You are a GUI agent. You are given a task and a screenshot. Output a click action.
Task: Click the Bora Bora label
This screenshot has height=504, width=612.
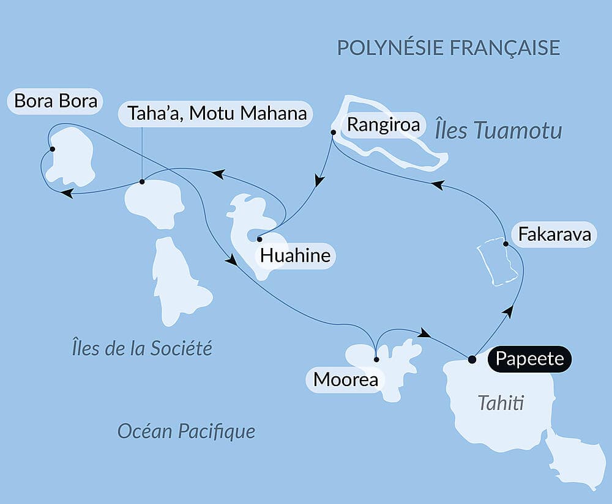tap(56, 101)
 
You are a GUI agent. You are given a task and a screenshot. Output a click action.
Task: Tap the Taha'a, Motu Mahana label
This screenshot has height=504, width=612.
tap(213, 114)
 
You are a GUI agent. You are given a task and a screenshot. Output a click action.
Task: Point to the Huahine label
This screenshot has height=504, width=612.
tap(295, 255)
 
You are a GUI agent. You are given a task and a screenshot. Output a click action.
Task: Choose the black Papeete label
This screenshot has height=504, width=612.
tap(529, 359)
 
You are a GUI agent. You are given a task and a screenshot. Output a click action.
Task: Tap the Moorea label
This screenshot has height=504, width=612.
tap(345, 380)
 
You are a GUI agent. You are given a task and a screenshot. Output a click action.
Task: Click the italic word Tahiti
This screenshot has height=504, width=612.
tap(501, 403)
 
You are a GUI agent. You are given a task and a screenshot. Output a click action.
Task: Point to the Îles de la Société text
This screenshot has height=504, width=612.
tap(141, 348)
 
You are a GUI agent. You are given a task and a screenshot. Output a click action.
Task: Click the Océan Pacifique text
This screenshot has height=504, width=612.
tap(186, 431)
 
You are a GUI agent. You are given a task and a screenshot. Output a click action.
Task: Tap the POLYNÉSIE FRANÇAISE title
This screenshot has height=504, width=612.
tap(449, 47)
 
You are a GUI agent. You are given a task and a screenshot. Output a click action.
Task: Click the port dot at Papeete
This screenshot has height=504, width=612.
tap(471, 359)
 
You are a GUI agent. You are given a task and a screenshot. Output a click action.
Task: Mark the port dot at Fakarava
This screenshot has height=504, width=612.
tap(505, 244)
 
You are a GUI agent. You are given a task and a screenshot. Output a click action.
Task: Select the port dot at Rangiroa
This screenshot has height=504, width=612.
tap(333, 132)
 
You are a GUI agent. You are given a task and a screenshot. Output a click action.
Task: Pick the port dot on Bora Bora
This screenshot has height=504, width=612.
tap(52, 149)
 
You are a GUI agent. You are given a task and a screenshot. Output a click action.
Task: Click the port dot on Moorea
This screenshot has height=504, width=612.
tap(376, 359)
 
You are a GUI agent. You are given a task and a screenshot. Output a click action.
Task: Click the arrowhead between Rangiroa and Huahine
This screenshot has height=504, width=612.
tap(318, 180)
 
